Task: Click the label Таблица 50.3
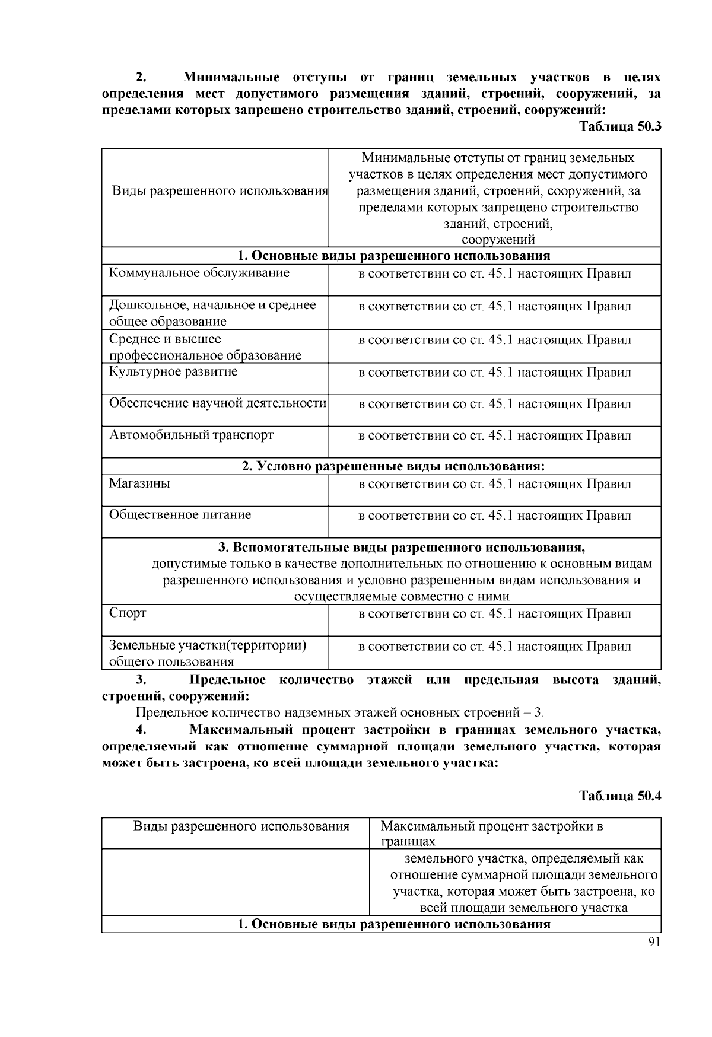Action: pos(619,126)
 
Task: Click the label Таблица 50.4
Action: pos(619,796)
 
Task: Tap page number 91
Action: pos(654,943)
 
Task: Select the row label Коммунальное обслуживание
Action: pos(199,273)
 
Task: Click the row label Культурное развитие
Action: pos(173,372)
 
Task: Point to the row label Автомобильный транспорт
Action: pos(191,435)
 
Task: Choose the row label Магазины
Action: pos(139,483)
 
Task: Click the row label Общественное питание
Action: pos(180,515)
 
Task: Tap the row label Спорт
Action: pos(128,613)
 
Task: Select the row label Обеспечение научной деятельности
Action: pos(217,403)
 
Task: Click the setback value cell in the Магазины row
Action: pos(494,484)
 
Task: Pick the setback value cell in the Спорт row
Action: pos(494,614)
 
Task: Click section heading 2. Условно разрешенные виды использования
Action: pos(393,466)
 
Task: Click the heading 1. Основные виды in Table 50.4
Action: pos(393,924)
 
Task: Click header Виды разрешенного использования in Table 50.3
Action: pos(220,191)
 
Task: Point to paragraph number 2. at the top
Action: pos(141,78)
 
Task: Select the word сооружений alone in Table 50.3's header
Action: pos(498,240)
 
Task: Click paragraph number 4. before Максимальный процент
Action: pos(141,730)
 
